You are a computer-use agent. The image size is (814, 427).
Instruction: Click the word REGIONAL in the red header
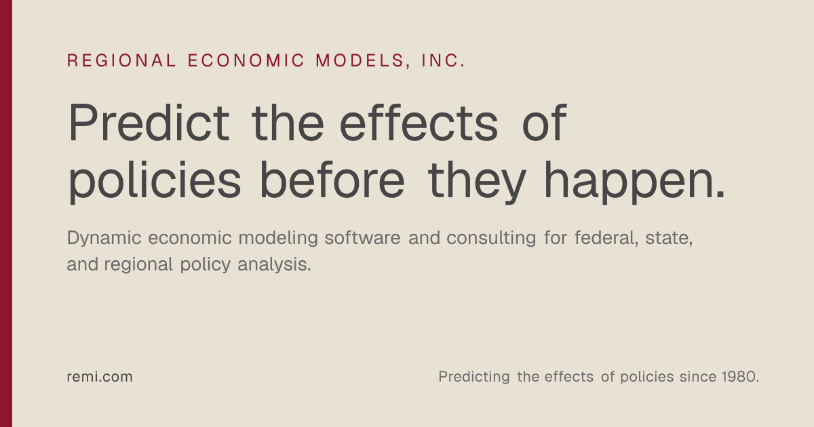[x=121, y=60]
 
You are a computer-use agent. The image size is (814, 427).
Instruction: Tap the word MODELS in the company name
[x=360, y=60]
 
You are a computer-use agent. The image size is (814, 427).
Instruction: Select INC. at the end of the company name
[x=443, y=60]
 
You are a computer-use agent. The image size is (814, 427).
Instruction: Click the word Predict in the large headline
[x=149, y=123]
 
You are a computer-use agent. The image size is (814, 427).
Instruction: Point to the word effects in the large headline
[x=419, y=123]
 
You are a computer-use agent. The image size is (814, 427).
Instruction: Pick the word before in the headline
[x=332, y=180]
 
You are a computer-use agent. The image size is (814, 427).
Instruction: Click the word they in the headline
[x=477, y=182]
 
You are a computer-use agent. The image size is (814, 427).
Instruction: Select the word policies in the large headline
[x=155, y=182]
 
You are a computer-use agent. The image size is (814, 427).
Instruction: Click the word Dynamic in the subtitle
[x=104, y=239]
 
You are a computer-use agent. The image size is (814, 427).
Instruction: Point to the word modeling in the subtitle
[x=278, y=239]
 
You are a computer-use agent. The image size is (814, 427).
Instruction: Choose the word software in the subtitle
[x=362, y=238]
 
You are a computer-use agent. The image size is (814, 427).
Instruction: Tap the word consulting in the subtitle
[x=491, y=239]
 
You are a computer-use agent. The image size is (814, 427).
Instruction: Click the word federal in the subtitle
[x=604, y=238]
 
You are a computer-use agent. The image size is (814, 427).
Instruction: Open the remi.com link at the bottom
[x=100, y=377]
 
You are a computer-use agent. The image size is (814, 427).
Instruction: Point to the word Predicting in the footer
[x=474, y=378]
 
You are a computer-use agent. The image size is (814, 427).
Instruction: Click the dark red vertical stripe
[x=6, y=213]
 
